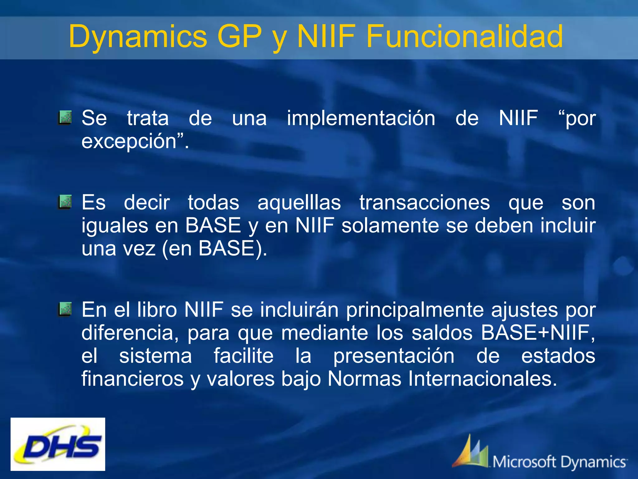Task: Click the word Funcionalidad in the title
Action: [464, 37]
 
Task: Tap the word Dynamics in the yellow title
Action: [138, 37]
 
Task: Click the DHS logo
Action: [58, 444]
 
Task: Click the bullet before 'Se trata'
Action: [65, 118]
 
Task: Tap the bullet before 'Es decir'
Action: [65, 202]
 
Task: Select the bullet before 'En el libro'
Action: [65, 309]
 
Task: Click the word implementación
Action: [361, 119]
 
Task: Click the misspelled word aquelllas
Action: [299, 203]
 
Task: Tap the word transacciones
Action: [425, 203]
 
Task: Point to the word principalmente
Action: [415, 310]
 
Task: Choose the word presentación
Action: [394, 356]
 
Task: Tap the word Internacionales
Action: [482, 379]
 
